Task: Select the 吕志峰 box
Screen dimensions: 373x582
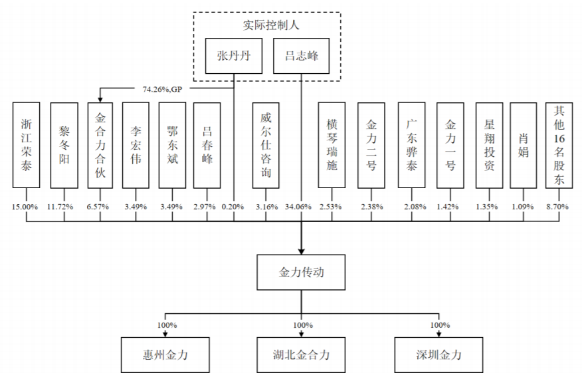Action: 302,56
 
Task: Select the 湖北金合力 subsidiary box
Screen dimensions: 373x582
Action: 302,354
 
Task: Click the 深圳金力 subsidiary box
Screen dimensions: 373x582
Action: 438,354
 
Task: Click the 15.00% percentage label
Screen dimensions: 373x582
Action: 26,207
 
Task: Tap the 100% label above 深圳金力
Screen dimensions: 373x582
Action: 438,325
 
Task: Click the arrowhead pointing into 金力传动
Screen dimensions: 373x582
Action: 302,251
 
